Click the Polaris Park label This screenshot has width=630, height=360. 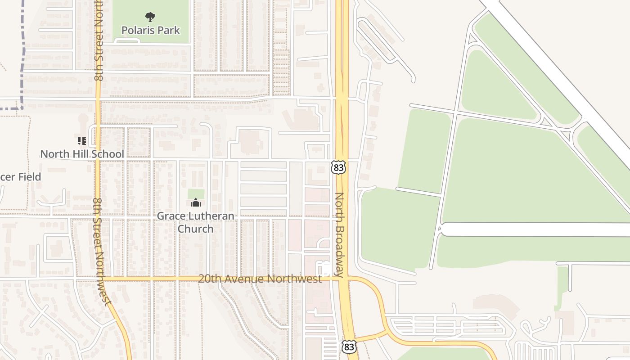tap(150, 31)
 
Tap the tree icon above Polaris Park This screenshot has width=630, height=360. tap(150, 18)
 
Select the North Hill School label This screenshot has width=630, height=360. tap(82, 154)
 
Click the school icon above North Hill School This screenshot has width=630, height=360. tap(81, 141)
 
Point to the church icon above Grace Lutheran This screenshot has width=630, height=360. tap(196, 202)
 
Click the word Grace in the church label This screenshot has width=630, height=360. tap(170, 216)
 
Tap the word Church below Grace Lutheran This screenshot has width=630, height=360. tap(196, 229)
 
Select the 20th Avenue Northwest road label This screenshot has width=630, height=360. tap(260, 279)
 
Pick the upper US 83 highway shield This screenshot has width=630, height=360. tap(338, 167)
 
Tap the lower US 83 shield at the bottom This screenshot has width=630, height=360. tap(348, 346)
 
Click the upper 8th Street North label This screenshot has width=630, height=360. tap(99, 40)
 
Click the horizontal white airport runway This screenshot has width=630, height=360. tap(535, 229)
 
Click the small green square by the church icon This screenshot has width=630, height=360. tap(196, 194)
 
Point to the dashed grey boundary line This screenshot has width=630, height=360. tap(21, 67)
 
